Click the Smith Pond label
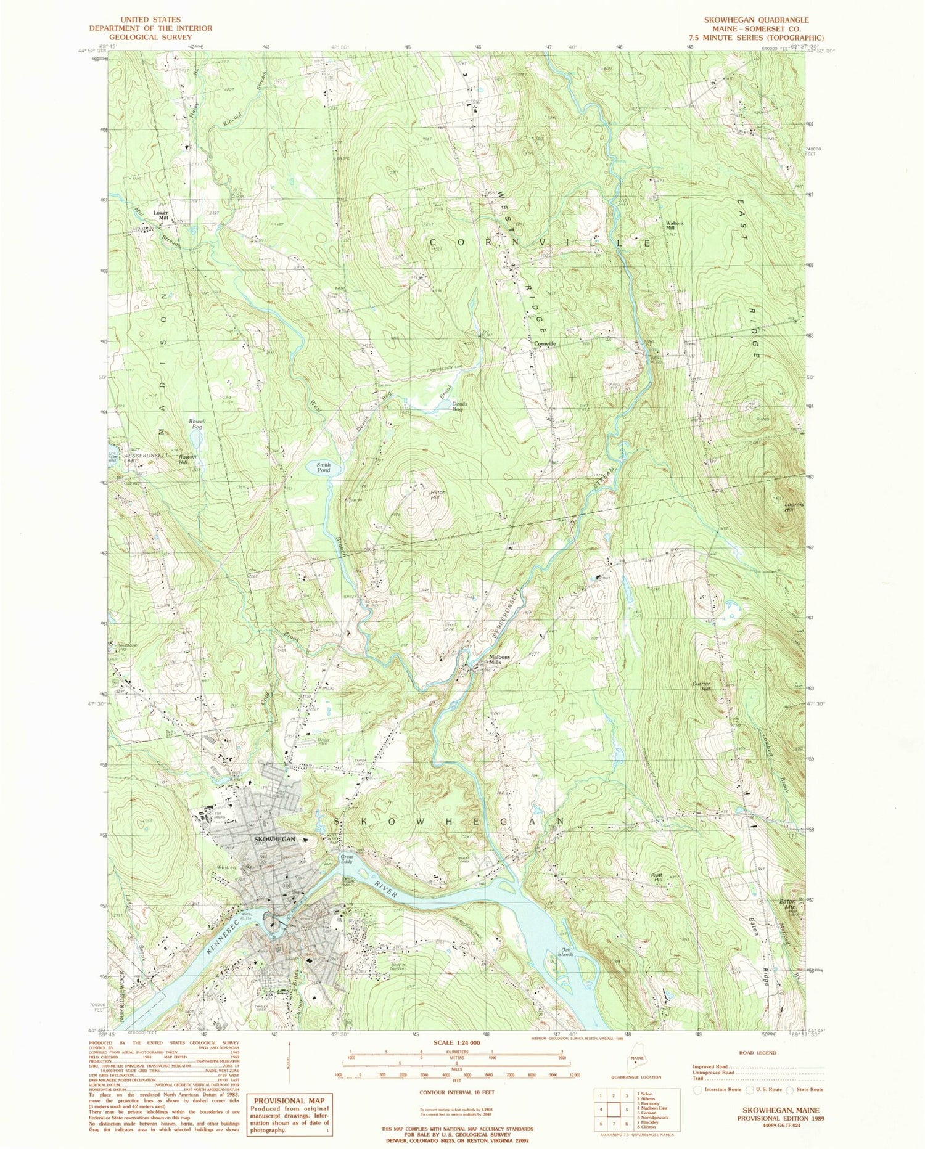point(323,467)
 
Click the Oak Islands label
point(565,951)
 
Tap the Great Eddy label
point(347,859)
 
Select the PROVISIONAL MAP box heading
point(289,1100)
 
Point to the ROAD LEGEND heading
point(756,1053)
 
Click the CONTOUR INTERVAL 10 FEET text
point(456,1092)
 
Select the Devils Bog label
point(457,407)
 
